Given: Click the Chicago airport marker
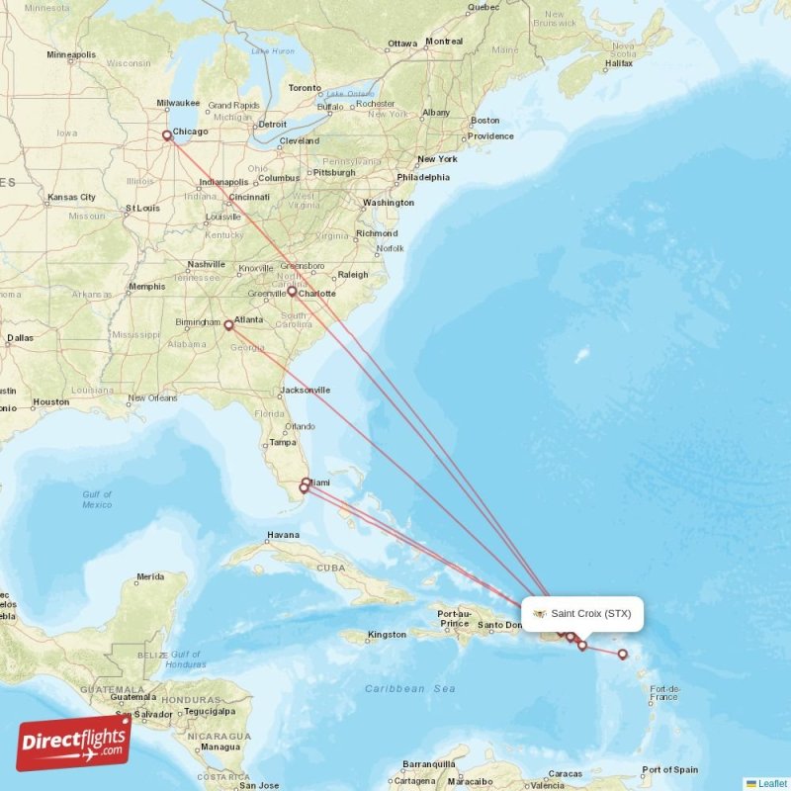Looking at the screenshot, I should pyautogui.click(x=166, y=135).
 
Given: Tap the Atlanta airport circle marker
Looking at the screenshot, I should pyautogui.click(x=228, y=324).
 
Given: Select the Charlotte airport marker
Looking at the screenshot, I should pyautogui.click(x=292, y=292).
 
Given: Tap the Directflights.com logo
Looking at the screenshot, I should pyautogui.click(x=73, y=744).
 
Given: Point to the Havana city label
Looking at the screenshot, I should pyautogui.click(x=282, y=536).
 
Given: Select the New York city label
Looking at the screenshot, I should pyautogui.click(x=437, y=159).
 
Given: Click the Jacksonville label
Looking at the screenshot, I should pyautogui.click(x=306, y=391).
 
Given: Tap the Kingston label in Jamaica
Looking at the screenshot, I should pyautogui.click(x=386, y=634).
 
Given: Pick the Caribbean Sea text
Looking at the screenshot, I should pyautogui.click(x=409, y=688).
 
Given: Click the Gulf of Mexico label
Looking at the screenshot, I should pyautogui.click(x=97, y=499).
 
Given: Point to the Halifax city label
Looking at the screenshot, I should pyautogui.click(x=619, y=63).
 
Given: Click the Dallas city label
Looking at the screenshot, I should pyautogui.click(x=20, y=337).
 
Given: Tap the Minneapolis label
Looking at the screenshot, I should pyautogui.click(x=71, y=54).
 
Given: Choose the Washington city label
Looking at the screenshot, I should pyautogui.click(x=388, y=203).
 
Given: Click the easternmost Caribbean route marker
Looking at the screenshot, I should pyautogui.click(x=622, y=654).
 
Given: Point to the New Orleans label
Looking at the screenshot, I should pyautogui.click(x=151, y=397).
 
